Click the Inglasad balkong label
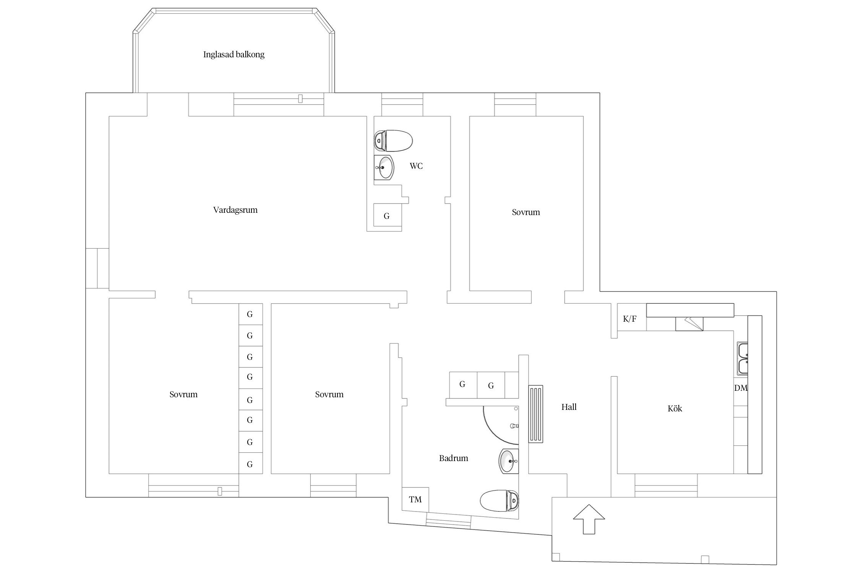234,55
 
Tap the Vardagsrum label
235,210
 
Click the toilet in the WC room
393,141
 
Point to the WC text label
416,166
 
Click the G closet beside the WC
387,216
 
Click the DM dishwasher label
741,388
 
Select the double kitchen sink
743,358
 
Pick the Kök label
675,409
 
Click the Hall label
569,407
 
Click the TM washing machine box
415,499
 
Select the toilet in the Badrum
499,500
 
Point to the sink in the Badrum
509,461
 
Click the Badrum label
453,458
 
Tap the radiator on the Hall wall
536,414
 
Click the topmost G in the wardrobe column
250,314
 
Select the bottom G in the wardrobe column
250,464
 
